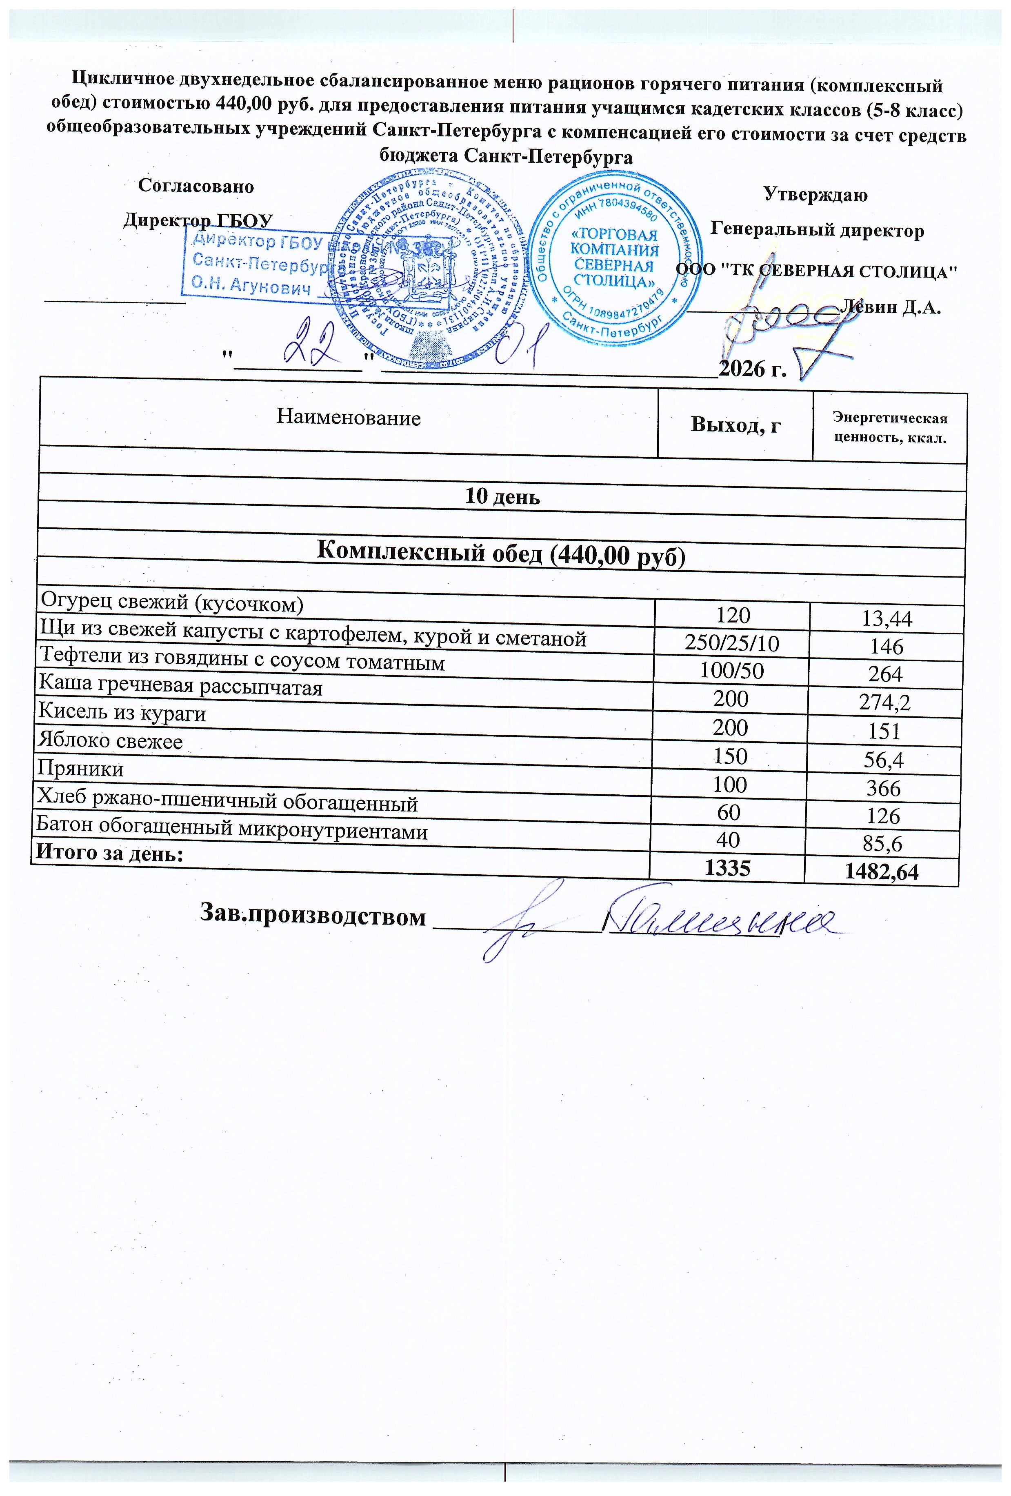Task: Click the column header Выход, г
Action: point(735,425)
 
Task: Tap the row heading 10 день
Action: point(502,497)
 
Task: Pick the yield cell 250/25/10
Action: point(733,644)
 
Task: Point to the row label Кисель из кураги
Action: point(122,713)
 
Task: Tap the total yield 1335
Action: point(727,868)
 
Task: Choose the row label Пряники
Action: point(80,769)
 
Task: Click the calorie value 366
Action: point(884,788)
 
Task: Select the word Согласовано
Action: point(196,186)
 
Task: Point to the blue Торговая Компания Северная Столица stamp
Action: point(615,259)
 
